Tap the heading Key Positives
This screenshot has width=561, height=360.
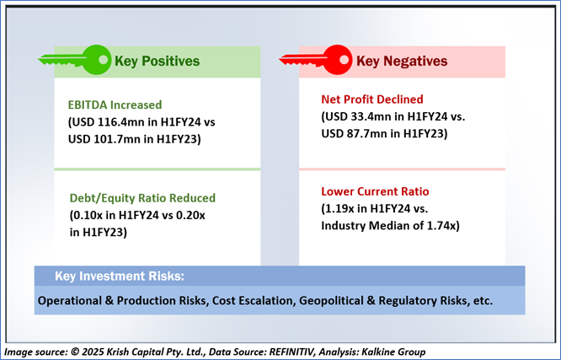coord(157,62)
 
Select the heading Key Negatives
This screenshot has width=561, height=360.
coord(402,62)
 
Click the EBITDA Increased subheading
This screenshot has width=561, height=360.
coord(115,105)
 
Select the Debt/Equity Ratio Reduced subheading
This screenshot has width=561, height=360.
coord(142,198)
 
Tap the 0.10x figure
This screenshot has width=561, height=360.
coord(85,216)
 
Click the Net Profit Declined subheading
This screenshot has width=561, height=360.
coord(372,99)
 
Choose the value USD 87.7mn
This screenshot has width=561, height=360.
coord(356,133)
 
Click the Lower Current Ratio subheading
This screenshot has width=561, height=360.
coord(375,191)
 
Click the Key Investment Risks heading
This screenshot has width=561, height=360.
coord(120,277)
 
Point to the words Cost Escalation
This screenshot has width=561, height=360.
coord(253,300)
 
